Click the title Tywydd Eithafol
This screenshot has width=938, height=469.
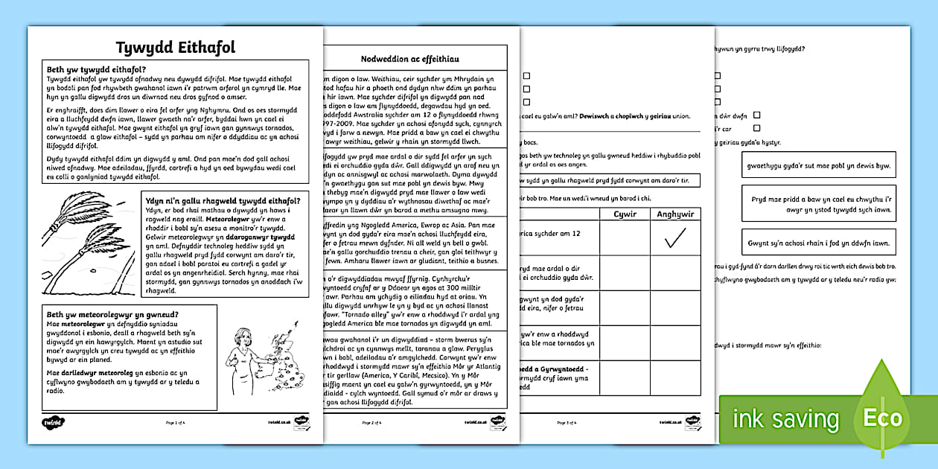click(176, 48)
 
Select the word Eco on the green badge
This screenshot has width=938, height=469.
click(882, 418)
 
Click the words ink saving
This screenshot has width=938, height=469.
click(785, 419)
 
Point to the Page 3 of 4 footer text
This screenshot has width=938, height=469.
click(567, 422)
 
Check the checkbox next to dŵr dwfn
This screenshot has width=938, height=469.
click(756, 115)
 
